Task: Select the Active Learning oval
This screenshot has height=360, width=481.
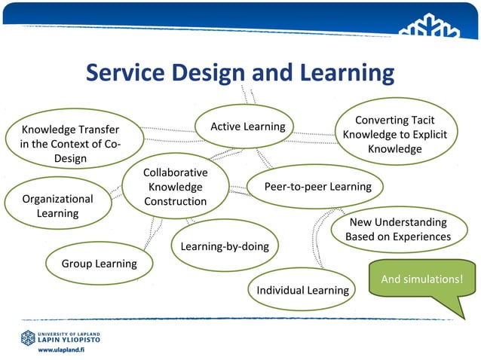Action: click(247, 127)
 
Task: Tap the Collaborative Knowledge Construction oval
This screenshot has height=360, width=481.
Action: click(175, 187)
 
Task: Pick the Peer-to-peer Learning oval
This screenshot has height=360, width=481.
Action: click(317, 186)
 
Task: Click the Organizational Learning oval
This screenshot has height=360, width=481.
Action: click(57, 206)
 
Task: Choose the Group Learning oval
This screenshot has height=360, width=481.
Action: click(99, 264)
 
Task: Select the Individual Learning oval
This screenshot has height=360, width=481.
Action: click(302, 290)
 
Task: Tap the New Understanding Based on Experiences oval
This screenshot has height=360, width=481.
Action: click(397, 230)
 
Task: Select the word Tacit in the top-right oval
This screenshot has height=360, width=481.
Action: click(418, 121)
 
